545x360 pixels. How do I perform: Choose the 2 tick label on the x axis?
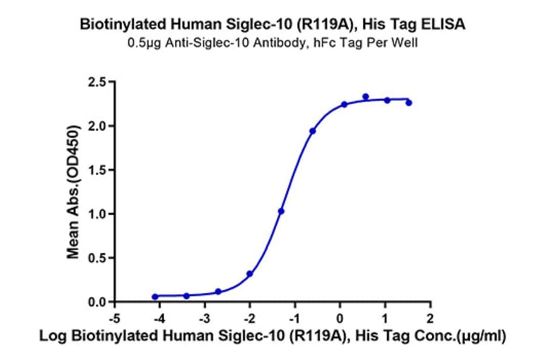430,318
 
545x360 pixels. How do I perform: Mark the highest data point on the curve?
366,97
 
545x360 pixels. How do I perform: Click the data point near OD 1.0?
281,211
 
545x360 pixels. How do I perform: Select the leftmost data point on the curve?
155,296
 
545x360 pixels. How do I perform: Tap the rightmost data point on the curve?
409,103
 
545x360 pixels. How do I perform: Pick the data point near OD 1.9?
312,131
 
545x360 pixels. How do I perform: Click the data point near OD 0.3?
249,274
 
